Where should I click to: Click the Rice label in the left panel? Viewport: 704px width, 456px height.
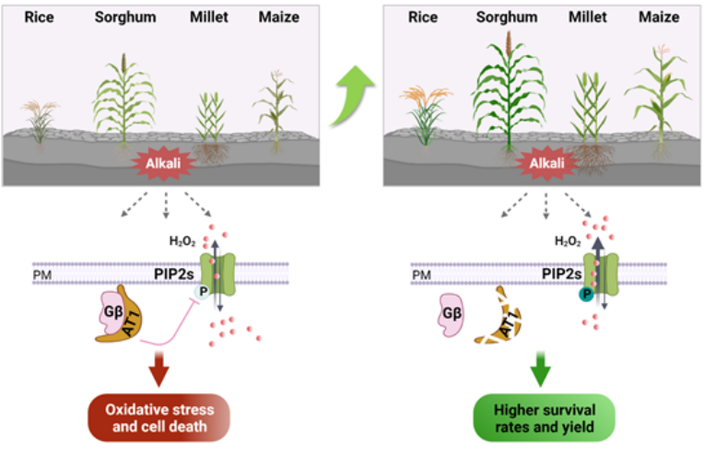39,18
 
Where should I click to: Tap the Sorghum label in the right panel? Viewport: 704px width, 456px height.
507,18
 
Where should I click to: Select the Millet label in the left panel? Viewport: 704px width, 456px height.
209,18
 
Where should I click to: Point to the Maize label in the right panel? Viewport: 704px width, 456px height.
659,18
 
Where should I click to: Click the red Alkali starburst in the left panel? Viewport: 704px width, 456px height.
163,163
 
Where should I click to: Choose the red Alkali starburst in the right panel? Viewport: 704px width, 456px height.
546,163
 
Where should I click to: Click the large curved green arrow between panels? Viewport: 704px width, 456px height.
352,94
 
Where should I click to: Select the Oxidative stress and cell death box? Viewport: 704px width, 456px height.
158,418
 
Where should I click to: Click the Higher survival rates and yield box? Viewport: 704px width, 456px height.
545,418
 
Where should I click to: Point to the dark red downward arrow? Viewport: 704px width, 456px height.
158,368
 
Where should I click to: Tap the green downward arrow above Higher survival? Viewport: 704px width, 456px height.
540,368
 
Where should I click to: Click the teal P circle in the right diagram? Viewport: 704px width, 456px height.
586,295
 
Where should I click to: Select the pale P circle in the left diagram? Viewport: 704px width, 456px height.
203,292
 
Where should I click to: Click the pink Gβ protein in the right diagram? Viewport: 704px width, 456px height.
451,315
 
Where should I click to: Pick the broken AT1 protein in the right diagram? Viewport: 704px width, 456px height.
499,317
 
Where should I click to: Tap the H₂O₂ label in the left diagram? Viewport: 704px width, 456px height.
182,241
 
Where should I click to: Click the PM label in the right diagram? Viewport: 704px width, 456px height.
422,275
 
